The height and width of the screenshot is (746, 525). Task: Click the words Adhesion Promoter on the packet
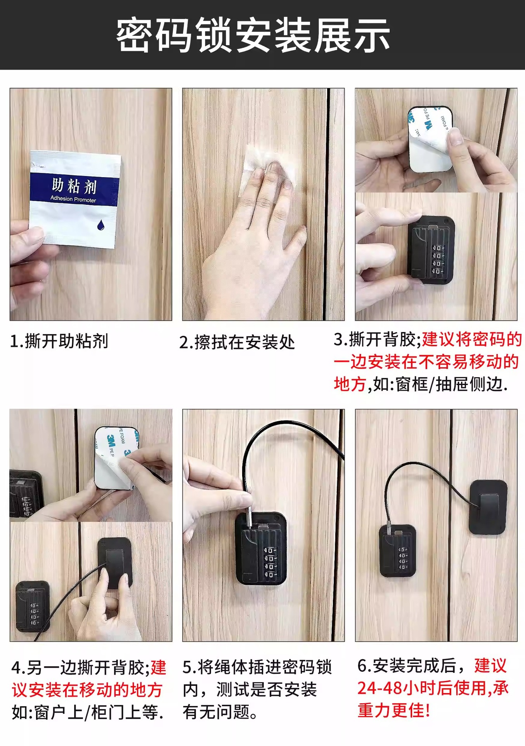point(73,199)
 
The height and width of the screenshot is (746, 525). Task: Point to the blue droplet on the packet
point(101,225)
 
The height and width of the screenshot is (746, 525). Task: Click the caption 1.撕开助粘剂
point(59,341)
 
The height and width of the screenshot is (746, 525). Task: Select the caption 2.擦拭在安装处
point(237,342)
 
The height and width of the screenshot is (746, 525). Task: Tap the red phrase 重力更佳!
point(393,710)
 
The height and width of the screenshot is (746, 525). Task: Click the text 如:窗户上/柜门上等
point(88,713)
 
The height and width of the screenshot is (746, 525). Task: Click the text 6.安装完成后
point(407,666)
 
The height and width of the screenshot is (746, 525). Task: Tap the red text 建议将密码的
point(471,340)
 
